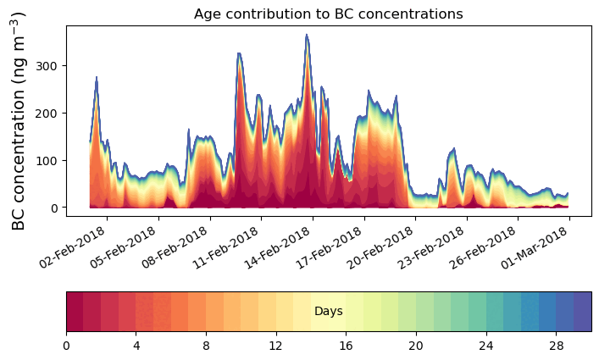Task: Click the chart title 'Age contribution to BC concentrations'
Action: tap(328, 14)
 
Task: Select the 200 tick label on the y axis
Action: tap(48, 113)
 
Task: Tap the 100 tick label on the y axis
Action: tap(48, 160)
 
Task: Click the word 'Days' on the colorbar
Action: tap(328, 312)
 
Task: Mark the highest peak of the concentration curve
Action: tap(308, 36)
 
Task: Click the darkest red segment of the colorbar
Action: tap(75, 312)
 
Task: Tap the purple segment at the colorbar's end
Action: tap(582, 312)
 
